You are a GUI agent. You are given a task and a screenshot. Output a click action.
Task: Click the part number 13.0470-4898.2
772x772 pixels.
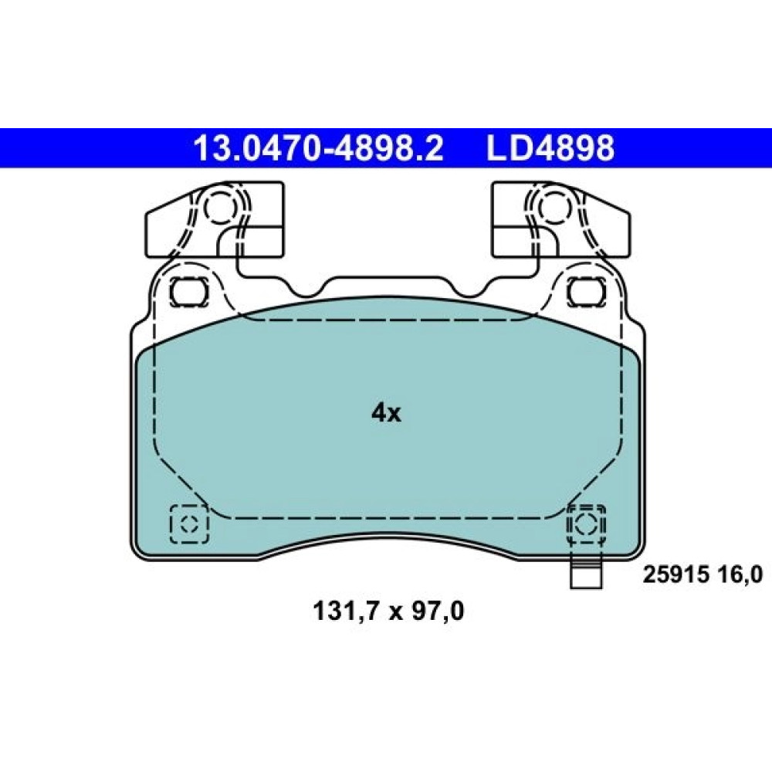click(x=319, y=148)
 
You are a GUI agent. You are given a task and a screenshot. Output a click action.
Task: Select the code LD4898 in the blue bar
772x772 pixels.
click(x=550, y=148)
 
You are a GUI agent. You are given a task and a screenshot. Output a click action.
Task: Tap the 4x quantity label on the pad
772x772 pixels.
click(x=386, y=414)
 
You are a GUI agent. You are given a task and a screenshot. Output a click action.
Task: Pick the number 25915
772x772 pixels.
click(x=675, y=574)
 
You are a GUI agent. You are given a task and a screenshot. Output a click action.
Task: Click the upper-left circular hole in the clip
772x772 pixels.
click(x=217, y=207)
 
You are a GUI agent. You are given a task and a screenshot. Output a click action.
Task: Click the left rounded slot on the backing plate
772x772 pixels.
click(x=188, y=292)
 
